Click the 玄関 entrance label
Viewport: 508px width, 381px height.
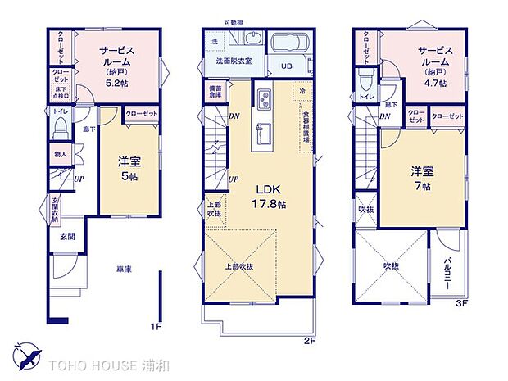[66, 237]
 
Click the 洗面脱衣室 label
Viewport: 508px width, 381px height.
[233, 61]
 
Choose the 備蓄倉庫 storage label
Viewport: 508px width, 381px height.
[215, 92]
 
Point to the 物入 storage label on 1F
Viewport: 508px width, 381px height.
[61, 154]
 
